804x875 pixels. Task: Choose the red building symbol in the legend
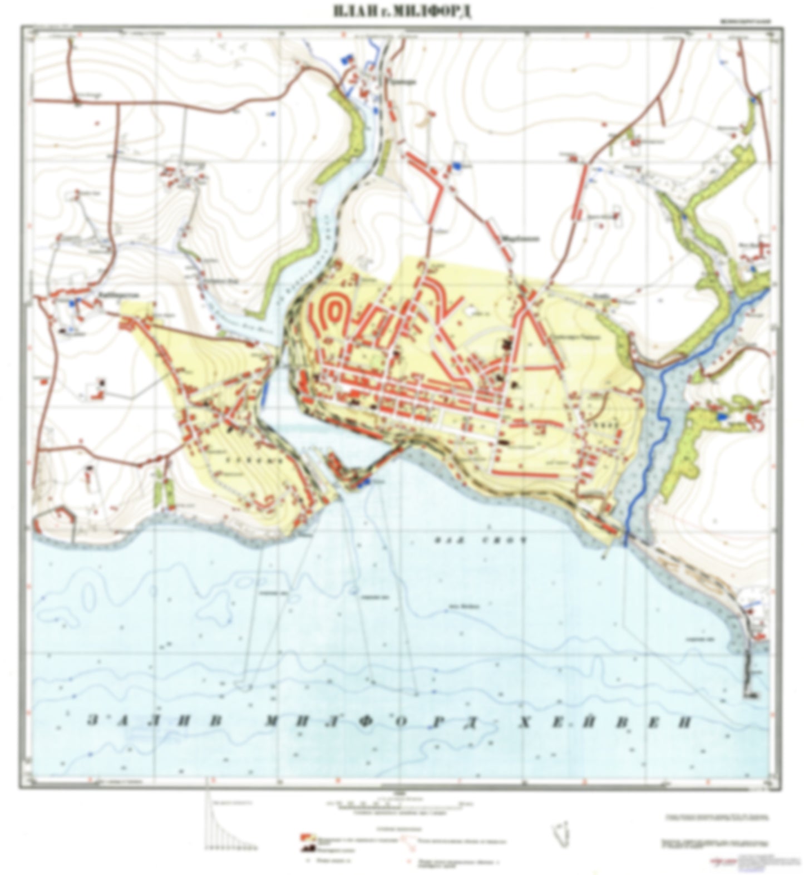pyautogui.click(x=305, y=836)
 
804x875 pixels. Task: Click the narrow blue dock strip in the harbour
pyautogui.click(x=264, y=390)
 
